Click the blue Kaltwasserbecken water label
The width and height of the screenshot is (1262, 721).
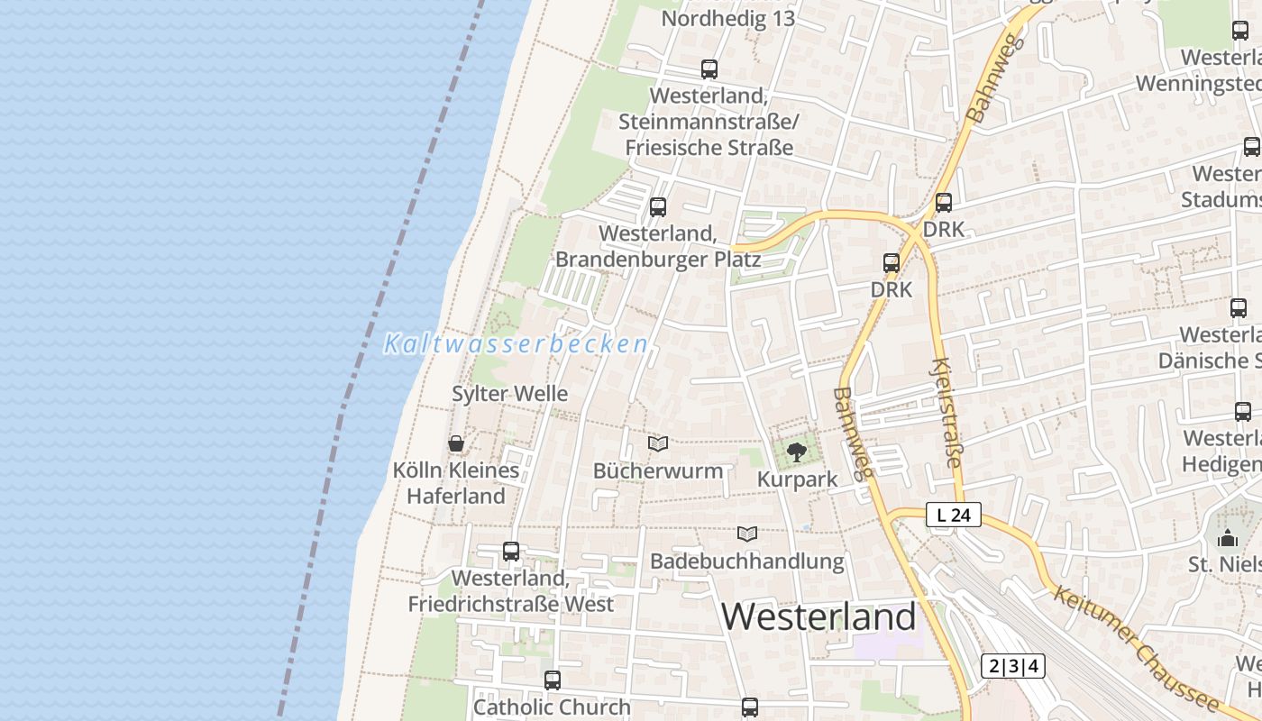pyautogui.click(x=516, y=344)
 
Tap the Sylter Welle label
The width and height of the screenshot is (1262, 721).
pyautogui.click(x=509, y=394)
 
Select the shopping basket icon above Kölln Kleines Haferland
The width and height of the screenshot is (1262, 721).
pyautogui.click(x=456, y=443)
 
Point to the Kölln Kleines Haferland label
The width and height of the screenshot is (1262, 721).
pyautogui.click(x=456, y=483)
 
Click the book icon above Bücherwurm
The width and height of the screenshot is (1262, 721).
pyautogui.click(x=658, y=443)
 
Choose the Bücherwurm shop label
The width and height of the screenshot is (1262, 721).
pyautogui.click(x=658, y=470)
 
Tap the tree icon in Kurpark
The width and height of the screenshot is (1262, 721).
pyautogui.click(x=796, y=452)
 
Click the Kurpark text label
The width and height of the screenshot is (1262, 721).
pyautogui.click(x=797, y=479)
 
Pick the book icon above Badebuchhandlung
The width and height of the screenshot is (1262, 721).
pyautogui.click(x=747, y=534)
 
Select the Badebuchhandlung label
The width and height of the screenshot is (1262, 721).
pyautogui.click(x=747, y=561)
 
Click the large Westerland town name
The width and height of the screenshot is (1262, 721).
pyautogui.click(x=818, y=617)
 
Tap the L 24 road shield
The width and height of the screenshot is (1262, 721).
pyautogui.click(x=953, y=516)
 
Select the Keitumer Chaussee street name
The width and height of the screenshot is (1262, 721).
pyautogui.click(x=1134, y=649)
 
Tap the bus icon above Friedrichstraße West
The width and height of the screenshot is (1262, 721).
pyautogui.click(x=511, y=551)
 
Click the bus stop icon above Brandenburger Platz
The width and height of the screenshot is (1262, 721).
pyautogui.click(x=658, y=206)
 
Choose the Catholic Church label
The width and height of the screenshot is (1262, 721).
pyautogui.click(x=552, y=707)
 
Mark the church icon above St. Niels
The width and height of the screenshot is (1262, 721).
pyautogui.click(x=1228, y=538)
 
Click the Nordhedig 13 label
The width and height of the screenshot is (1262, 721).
pyautogui.click(x=727, y=19)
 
